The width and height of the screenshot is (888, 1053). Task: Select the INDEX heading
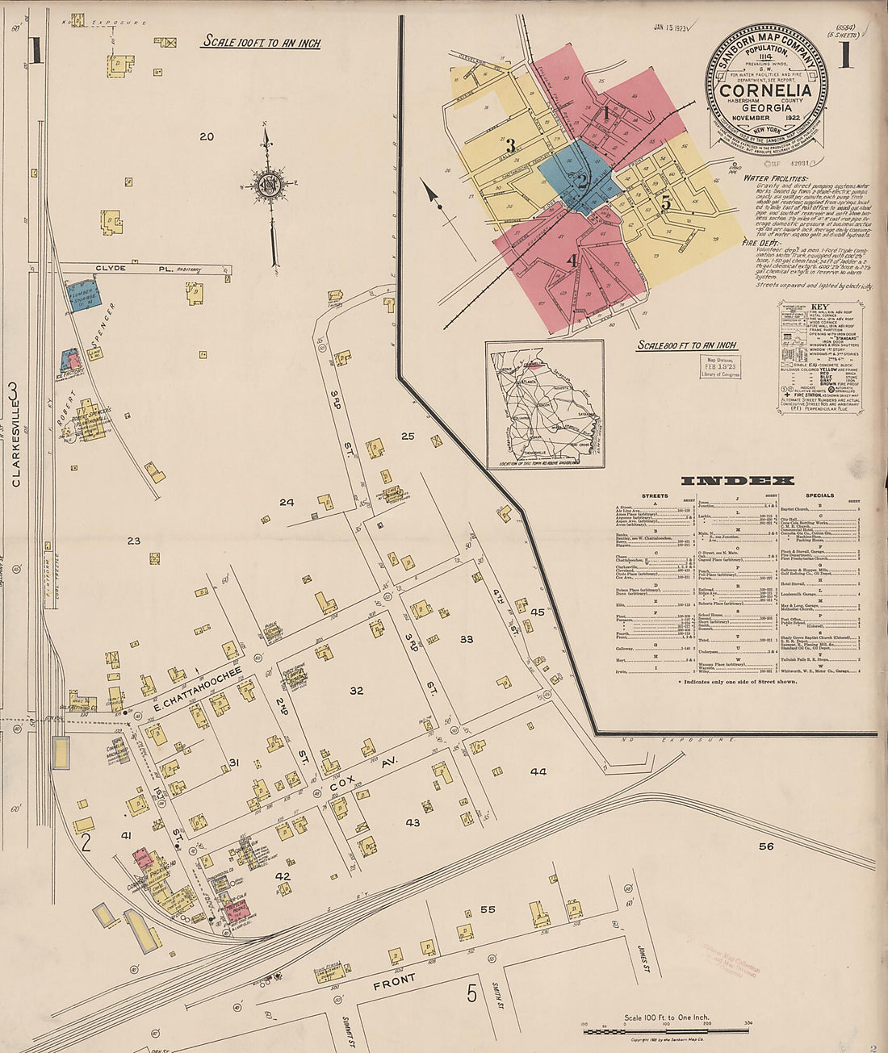coord(737,480)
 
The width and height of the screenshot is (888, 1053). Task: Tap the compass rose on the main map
coord(267,185)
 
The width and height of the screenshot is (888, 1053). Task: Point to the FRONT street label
coord(394,982)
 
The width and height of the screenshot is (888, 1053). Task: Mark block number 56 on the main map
coord(765,846)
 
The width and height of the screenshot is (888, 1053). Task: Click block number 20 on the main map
coord(207,136)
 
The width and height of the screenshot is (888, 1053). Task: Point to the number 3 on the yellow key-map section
coord(510,146)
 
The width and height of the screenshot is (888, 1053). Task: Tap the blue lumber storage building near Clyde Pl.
coord(84,296)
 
